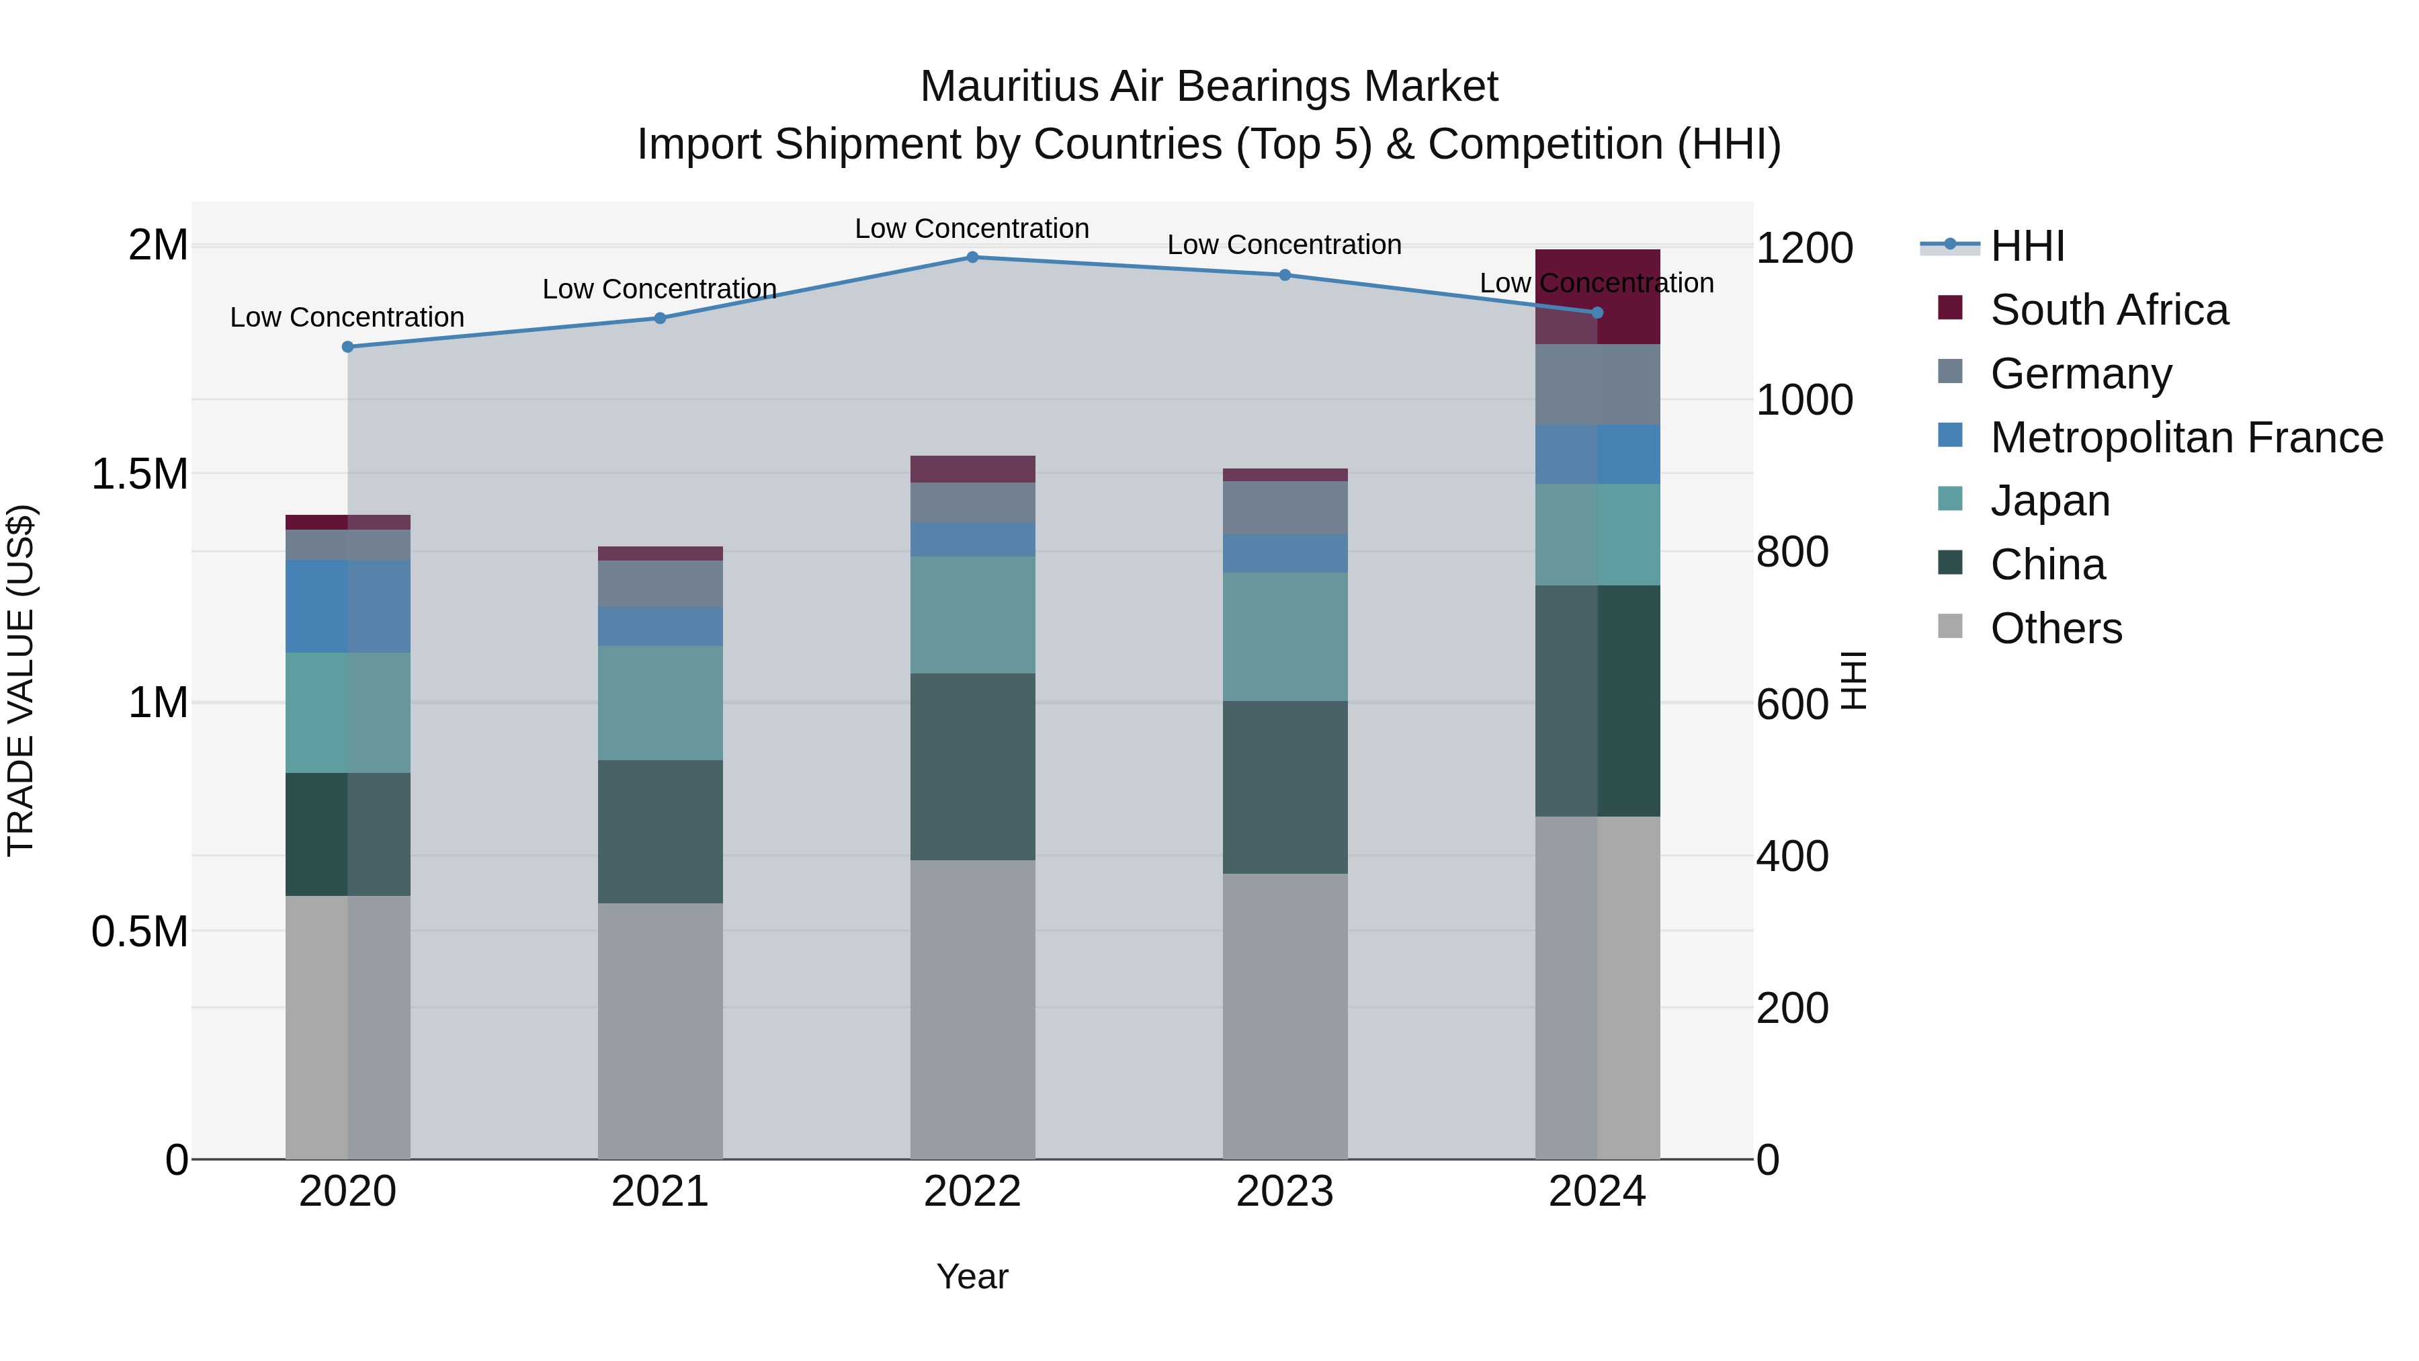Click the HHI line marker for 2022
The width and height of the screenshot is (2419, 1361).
tap(972, 257)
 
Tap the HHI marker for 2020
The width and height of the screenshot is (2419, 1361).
tap(347, 347)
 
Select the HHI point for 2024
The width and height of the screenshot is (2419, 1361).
tap(1597, 313)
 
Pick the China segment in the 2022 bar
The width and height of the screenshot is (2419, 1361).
tap(972, 766)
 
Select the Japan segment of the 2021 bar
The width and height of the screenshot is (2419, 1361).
tap(660, 702)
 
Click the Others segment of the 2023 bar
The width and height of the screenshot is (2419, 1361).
tap(1285, 1016)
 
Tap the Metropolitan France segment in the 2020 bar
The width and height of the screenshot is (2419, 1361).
tap(347, 606)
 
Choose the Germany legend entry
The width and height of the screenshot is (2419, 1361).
tap(2081, 374)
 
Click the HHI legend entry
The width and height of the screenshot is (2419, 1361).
tap(2027, 246)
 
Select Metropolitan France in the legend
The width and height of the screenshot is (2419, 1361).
tap(2186, 438)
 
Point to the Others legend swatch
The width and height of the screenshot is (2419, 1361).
tap(1951, 626)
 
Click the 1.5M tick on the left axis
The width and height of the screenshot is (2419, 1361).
tap(140, 475)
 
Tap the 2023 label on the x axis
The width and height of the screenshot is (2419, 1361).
tap(1285, 1192)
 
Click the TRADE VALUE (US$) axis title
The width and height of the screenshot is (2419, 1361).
tap(21, 680)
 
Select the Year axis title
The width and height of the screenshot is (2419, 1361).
tap(972, 1276)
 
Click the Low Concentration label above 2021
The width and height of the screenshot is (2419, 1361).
tap(659, 289)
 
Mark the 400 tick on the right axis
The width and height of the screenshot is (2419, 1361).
tap(1791, 857)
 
